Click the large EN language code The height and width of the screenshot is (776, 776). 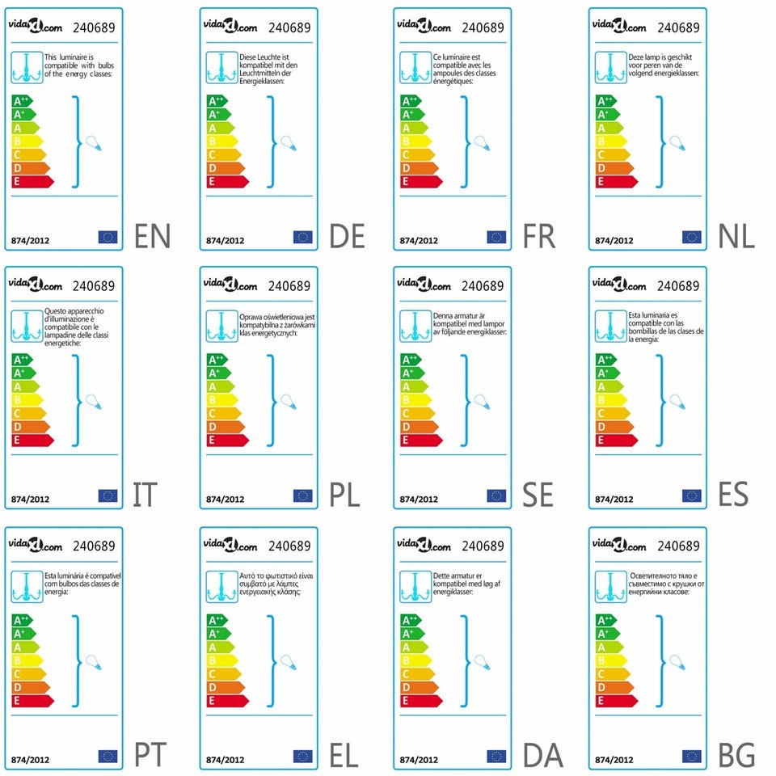(x=153, y=236)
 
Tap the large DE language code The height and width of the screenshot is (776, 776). (x=348, y=236)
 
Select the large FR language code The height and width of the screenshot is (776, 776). (x=538, y=236)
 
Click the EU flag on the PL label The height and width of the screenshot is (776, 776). (x=303, y=496)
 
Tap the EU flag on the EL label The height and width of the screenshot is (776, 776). (x=303, y=757)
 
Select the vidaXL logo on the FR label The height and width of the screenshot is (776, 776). (x=424, y=26)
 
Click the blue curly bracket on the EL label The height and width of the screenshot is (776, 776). (x=272, y=660)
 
